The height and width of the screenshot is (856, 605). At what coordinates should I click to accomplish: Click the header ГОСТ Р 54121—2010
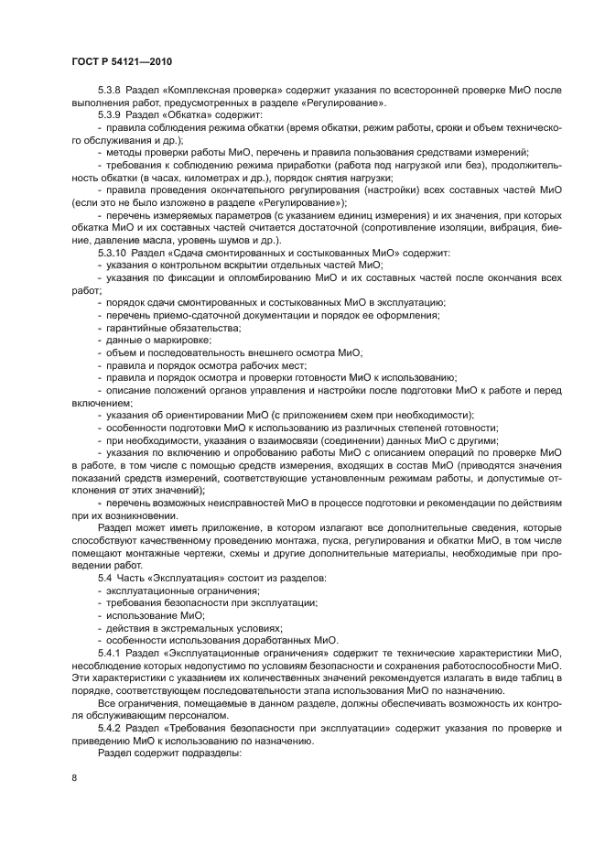122,61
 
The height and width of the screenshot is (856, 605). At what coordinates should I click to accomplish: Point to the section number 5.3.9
111,116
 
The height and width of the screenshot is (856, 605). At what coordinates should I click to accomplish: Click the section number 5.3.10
113,253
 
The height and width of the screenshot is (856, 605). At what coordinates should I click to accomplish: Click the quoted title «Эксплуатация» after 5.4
189,578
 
